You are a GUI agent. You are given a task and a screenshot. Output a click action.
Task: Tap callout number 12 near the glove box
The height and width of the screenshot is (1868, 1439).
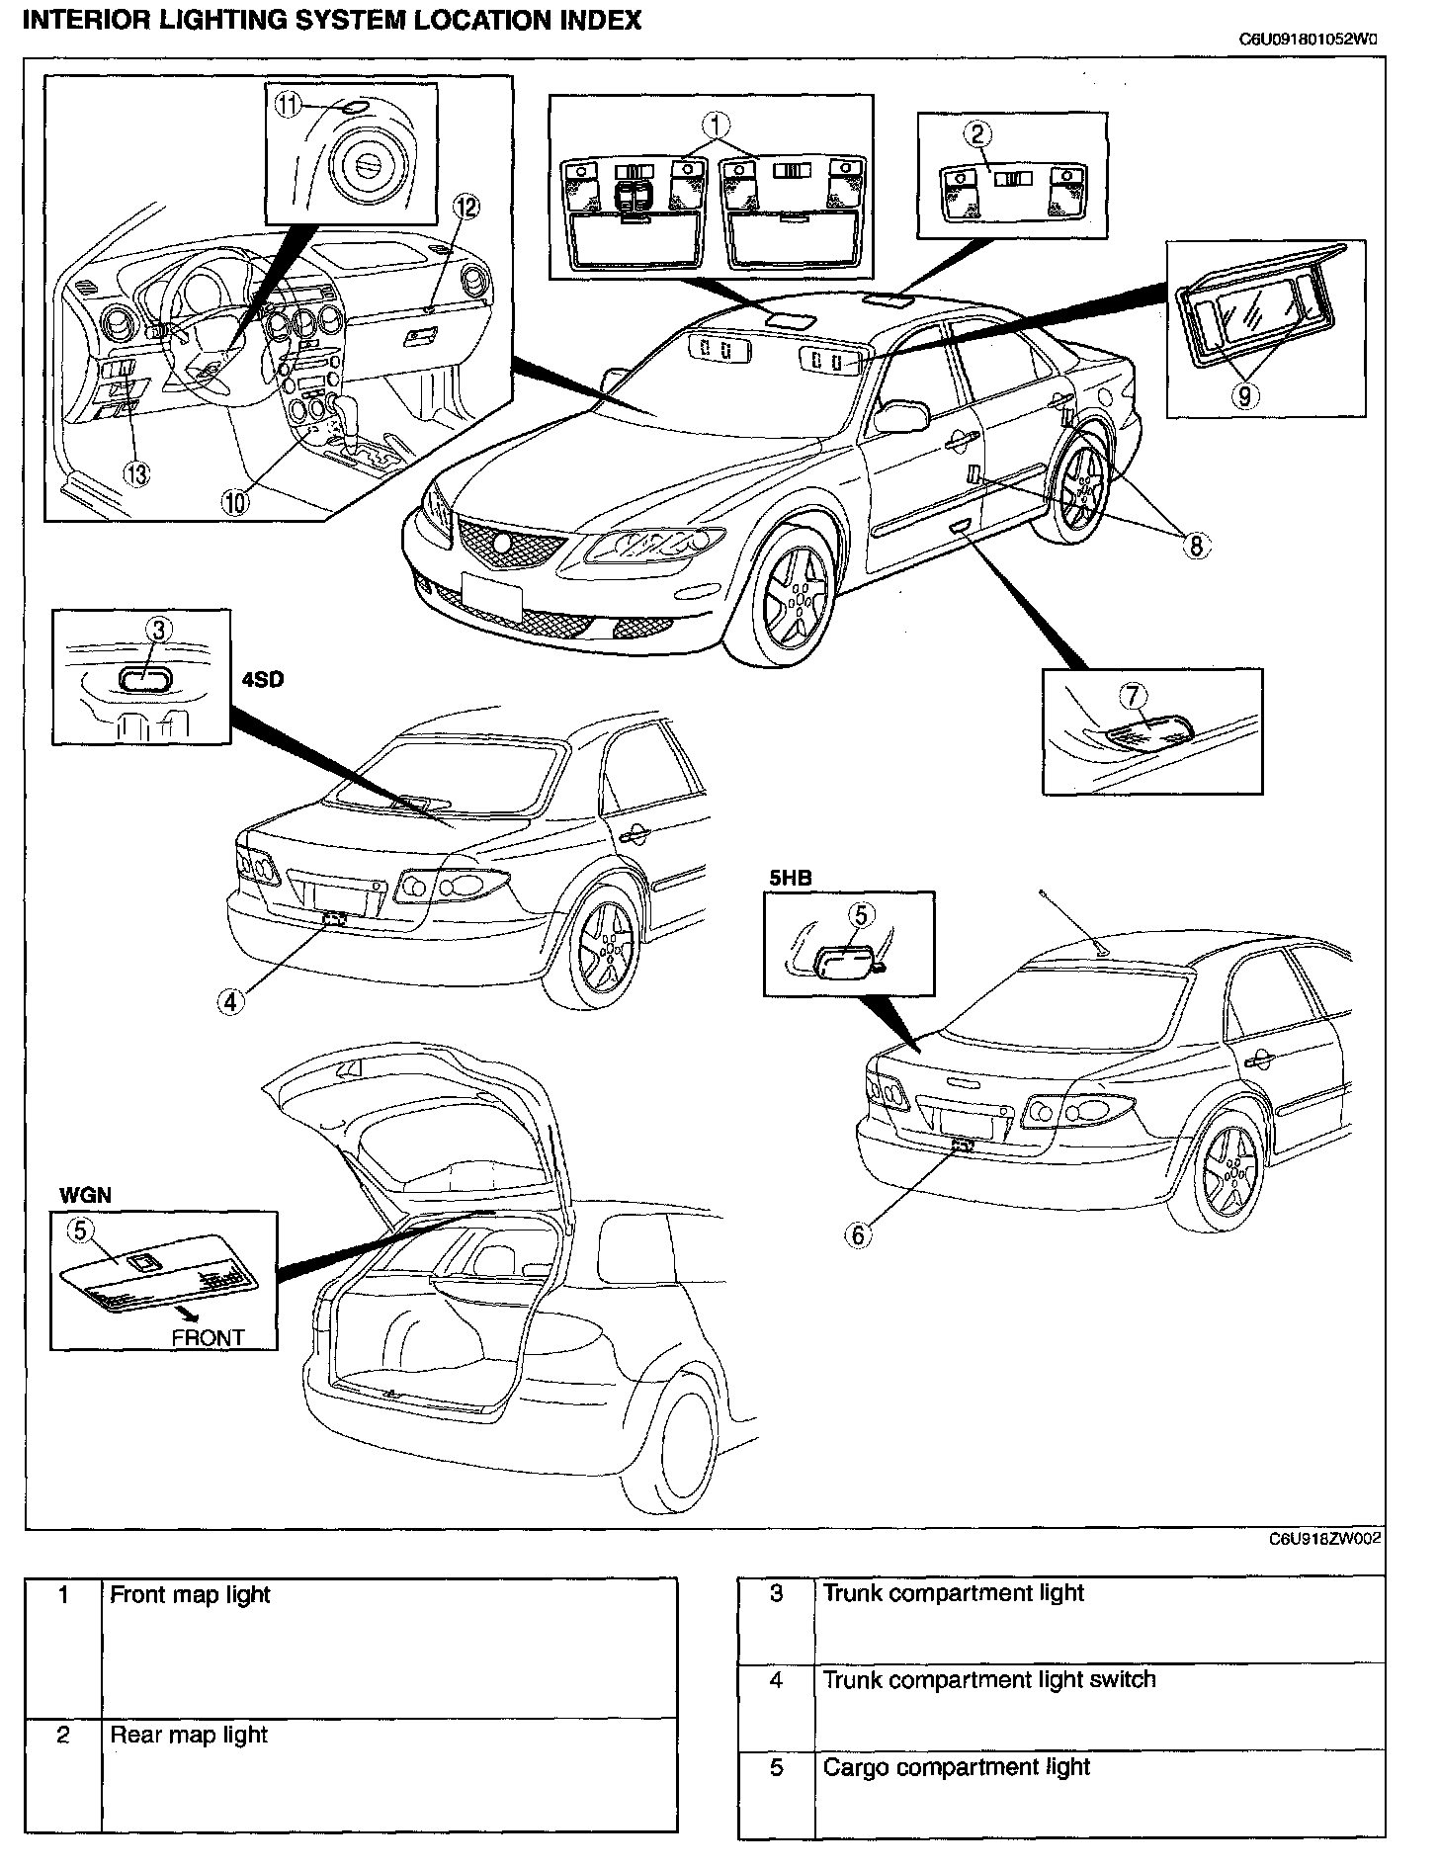(466, 207)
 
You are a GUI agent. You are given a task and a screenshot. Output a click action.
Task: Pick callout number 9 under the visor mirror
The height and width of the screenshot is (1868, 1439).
(1244, 396)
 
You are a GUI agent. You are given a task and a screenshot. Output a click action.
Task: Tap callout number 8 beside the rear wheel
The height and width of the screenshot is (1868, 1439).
(1197, 545)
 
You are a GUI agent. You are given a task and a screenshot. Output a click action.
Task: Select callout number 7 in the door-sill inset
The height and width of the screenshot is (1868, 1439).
(1133, 696)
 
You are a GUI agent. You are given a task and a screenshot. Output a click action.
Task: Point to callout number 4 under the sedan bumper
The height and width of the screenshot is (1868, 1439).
(230, 1001)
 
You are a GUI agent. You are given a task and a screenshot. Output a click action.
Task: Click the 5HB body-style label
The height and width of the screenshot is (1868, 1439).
(786, 877)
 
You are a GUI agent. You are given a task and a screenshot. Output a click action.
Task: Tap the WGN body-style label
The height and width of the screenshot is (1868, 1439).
(85, 1196)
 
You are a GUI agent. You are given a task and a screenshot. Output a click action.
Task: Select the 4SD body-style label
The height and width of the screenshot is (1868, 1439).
(262, 681)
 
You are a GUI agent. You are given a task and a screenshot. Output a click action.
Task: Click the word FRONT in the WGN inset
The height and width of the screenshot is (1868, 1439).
(208, 1338)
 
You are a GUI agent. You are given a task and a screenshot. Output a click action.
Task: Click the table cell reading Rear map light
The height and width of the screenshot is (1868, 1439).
(189, 1734)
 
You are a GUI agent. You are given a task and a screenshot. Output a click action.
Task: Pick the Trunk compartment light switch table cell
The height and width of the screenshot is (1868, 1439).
(988, 1679)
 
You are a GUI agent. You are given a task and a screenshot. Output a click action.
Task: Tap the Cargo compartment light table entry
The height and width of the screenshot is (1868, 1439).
(956, 1766)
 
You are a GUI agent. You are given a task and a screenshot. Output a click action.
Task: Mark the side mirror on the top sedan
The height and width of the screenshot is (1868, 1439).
(899, 415)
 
